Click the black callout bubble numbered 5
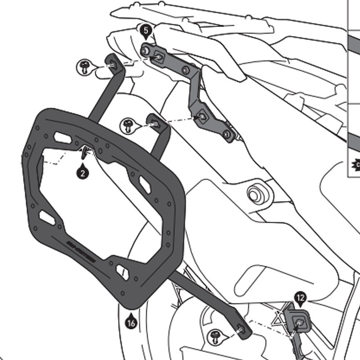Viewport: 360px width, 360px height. (145, 31)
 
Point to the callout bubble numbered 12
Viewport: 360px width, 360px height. (301, 297)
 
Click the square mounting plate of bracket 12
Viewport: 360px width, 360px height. (298, 320)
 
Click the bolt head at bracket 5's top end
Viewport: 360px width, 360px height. (144, 50)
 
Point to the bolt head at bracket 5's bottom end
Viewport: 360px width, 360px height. (227, 134)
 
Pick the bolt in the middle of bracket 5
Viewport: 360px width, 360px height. (184, 70)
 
